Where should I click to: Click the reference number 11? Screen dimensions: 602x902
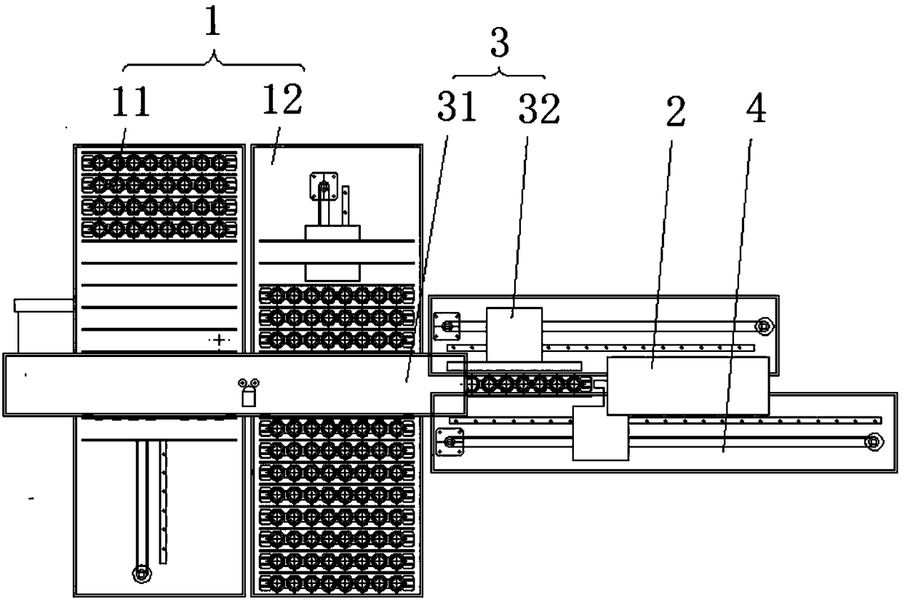tap(130, 103)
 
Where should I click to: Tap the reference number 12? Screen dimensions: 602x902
tap(282, 100)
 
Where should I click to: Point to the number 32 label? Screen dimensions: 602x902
tap(539, 109)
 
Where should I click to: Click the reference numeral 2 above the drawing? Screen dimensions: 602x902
tap(676, 112)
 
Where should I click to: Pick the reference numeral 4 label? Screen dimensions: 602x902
tap(756, 109)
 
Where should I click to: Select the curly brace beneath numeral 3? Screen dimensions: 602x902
tap(499, 73)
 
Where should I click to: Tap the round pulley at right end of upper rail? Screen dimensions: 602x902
tap(763, 326)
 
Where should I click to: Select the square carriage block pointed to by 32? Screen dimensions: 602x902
tap(514, 334)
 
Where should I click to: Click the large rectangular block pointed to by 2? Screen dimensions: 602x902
tap(687, 386)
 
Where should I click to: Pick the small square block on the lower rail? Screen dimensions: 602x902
tap(600, 433)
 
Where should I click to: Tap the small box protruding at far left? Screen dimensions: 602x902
tap(44, 324)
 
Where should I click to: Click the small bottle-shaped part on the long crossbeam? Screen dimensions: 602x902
tap(248, 396)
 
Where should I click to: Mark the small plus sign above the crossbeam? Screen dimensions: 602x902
tap(219, 340)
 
